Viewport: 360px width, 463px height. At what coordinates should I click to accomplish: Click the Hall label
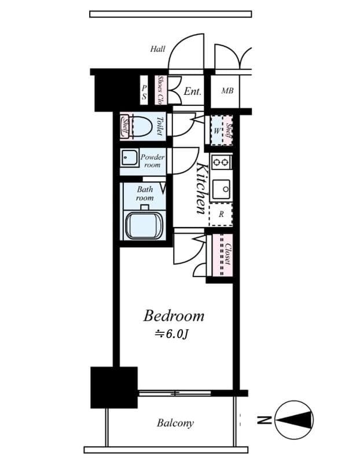(x=158, y=49)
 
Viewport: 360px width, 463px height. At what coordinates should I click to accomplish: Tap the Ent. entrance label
(x=192, y=91)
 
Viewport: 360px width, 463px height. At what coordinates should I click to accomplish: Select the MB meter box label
(x=227, y=91)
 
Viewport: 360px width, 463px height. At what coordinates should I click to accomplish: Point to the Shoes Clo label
(x=160, y=91)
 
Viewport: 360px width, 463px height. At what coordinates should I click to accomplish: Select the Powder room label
(x=152, y=161)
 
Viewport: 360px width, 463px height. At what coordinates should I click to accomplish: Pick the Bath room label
(x=145, y=193)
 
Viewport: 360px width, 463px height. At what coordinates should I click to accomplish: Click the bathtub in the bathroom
(x=144, y=225)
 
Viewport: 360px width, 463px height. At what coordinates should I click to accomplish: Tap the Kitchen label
(x=201, y=189)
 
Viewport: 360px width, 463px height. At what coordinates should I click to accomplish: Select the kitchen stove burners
(x=221, y=162)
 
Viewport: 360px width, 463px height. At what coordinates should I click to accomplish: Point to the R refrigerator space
(x=221, y=214)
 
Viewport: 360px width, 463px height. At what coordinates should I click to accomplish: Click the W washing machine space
(x=216, y=130)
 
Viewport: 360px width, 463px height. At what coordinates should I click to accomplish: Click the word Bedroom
(x=174, y=316)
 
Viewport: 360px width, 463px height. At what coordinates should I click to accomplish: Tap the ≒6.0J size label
(x=171, y=335)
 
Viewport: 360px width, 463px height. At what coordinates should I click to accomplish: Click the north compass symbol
(x=295, y=420)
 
